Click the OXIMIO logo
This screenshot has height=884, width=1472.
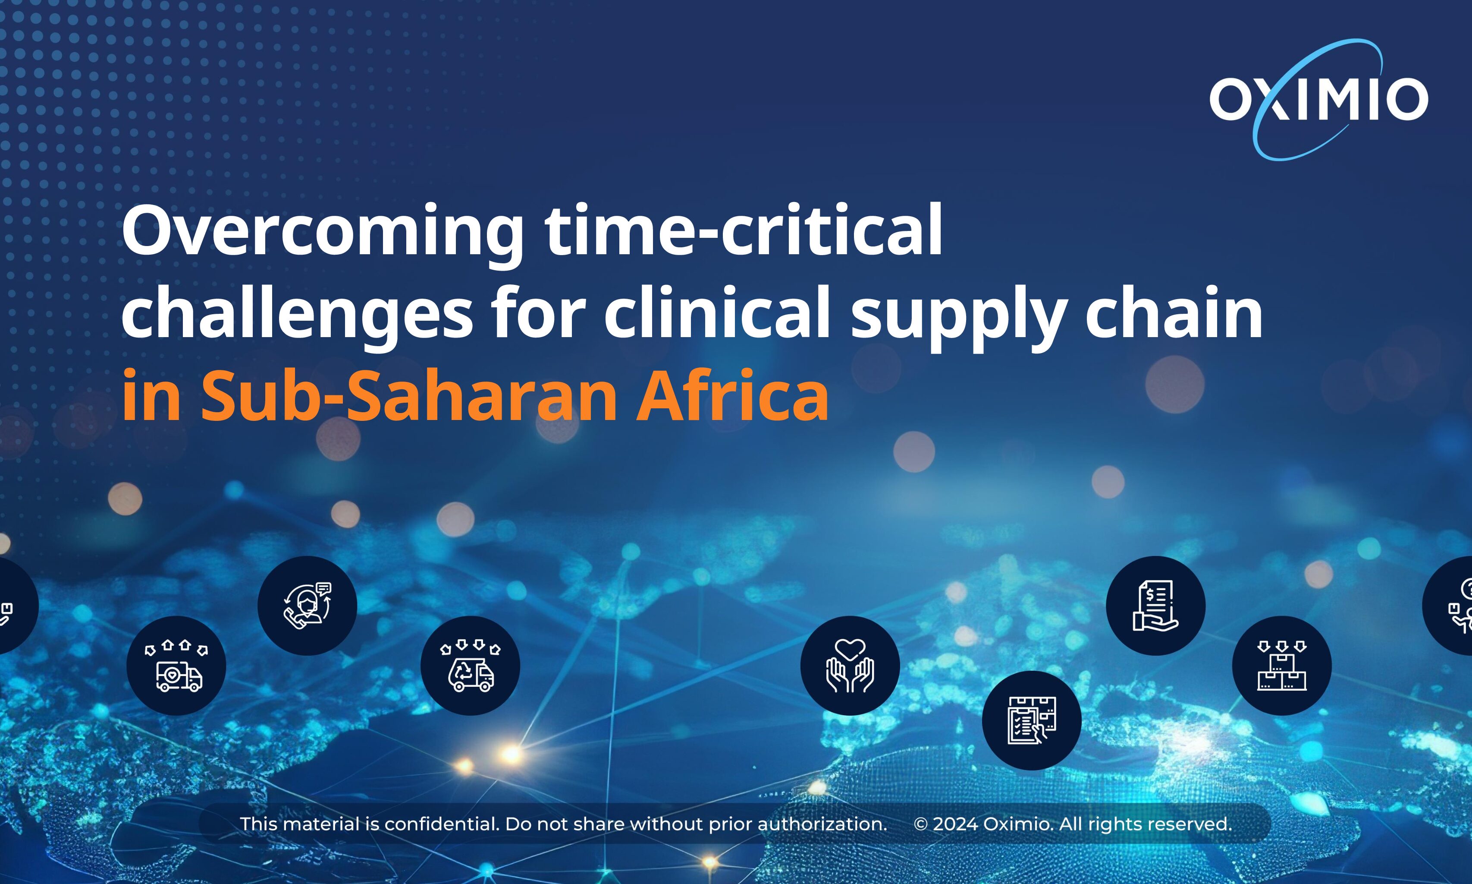click(1318, 99)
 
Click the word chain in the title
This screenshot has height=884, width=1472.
click(1174, 310)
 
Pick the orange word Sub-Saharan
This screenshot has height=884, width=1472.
click(409, 394)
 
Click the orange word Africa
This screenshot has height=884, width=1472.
click(733, 394)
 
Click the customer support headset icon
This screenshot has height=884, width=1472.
click(307, 605)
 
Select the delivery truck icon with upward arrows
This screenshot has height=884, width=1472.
click(176, 666)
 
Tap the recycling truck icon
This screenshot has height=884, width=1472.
click(470, 666)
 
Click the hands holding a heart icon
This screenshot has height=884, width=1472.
click(850, 666)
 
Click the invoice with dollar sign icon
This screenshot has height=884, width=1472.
click(1156, 605)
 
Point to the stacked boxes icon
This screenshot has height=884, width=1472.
click(1281, 666)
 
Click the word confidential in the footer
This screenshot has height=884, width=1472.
click(442, 824)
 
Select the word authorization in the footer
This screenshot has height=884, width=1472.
click(822, 824)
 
